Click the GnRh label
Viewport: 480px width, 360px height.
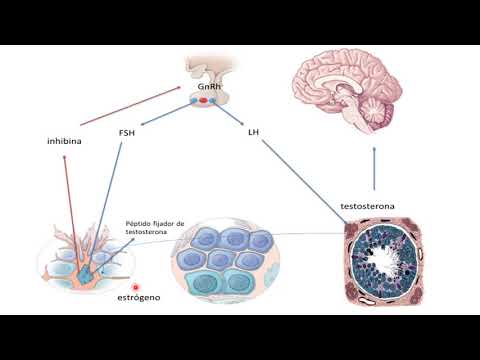210,88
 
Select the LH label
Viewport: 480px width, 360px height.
253,131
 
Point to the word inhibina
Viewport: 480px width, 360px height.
65,140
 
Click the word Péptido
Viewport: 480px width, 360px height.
141,224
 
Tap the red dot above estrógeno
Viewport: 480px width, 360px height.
136,287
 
